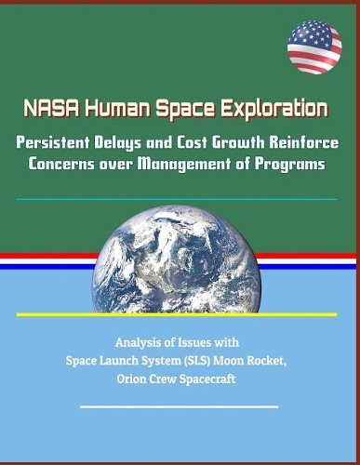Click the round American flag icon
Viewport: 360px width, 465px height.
click(x=314, y=46)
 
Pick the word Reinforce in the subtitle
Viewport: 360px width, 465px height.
click(x=300, y=140)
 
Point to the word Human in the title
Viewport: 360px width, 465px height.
click(x=114, y=109)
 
